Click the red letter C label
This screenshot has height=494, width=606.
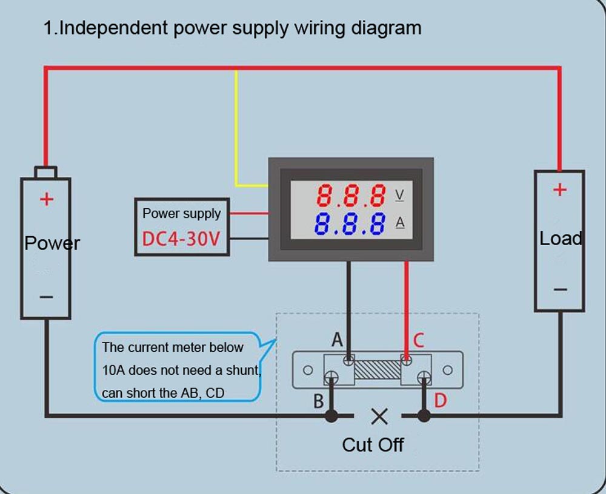click(x=418, y=340)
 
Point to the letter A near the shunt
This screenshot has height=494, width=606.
click(x=338, y=340)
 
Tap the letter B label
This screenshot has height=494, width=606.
click(x=319, y=401)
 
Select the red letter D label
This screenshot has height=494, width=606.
click(x=441, y=400)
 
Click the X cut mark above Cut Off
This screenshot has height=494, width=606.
click(x=379, y=416)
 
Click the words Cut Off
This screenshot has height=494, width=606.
click(x=373, y=445)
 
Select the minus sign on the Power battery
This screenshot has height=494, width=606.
click(x=46, y=297)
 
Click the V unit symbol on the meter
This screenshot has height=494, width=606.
click(x=400, y=196)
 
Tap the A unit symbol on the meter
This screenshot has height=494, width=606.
click(x=400, y=223)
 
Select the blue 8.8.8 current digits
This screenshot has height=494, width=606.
click(x=350, y=223)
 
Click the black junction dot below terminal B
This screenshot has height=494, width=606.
click(x=331, y=416)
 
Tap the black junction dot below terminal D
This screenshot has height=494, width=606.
click(x=424, y=416)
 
